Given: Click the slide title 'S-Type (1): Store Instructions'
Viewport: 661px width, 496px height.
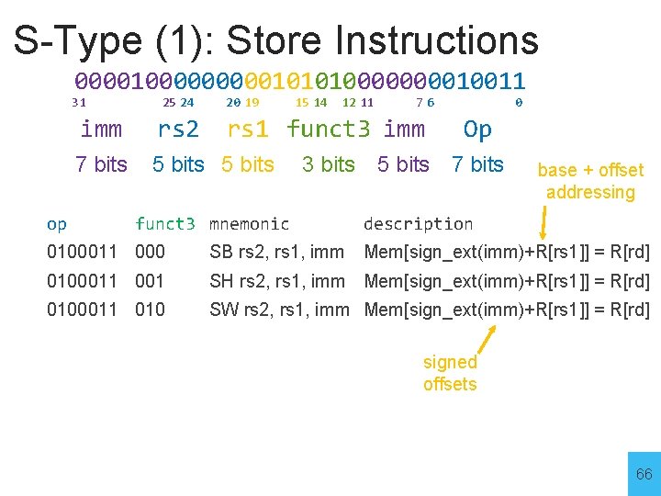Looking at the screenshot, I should (275, 40).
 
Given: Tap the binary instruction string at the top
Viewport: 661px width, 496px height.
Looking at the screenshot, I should (299, 81).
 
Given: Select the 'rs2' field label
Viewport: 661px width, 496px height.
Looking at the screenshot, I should (178, 130).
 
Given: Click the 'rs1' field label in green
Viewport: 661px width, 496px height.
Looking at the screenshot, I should (248, 130).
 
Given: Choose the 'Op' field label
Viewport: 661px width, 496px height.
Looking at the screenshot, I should (477, 130).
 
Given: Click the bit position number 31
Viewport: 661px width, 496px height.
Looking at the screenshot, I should (79, 103).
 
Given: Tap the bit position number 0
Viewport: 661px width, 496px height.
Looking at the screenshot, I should (519, 103).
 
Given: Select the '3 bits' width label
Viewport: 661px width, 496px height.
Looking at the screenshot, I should (328, 164).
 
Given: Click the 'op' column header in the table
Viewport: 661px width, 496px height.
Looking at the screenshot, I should (57, 223).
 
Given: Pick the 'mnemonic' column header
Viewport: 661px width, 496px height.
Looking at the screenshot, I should (249, 223).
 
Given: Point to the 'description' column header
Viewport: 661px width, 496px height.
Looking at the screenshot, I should (418, 223).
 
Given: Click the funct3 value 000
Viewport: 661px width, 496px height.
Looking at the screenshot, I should (150, 252).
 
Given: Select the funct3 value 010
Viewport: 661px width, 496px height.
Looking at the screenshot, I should (150, 310).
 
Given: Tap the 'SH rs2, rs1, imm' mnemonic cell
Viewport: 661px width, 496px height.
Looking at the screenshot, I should (277, 281).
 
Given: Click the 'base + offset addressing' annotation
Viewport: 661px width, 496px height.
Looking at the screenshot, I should (590, 181).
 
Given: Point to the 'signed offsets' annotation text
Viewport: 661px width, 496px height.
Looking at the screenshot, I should (450, 373).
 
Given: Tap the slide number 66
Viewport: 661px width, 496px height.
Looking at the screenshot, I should (644, 475).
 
